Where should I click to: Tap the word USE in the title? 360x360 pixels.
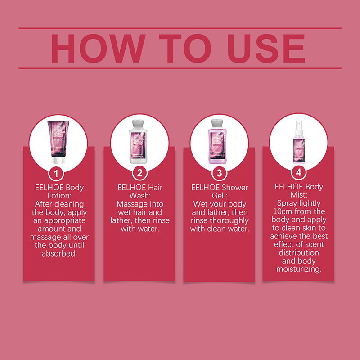click(266, 49)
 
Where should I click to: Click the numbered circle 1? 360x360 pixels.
click(56, 174)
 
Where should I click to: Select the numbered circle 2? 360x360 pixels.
click(139, 173)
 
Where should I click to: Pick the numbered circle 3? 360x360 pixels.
click(219, 173)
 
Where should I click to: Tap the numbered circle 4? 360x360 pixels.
click(298, 172)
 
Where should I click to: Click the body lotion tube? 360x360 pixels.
click(58, 142)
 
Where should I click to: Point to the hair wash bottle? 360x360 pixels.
click(138, 142)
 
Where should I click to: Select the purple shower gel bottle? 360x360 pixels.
click(217, 142)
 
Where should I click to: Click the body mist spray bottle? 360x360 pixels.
click(299, 142)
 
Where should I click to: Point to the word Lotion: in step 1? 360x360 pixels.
click(59, 196)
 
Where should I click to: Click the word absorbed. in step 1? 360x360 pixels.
click(59, 253)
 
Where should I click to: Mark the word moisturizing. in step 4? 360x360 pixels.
click(299, 269)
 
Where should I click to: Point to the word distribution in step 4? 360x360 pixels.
click(299, 252)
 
